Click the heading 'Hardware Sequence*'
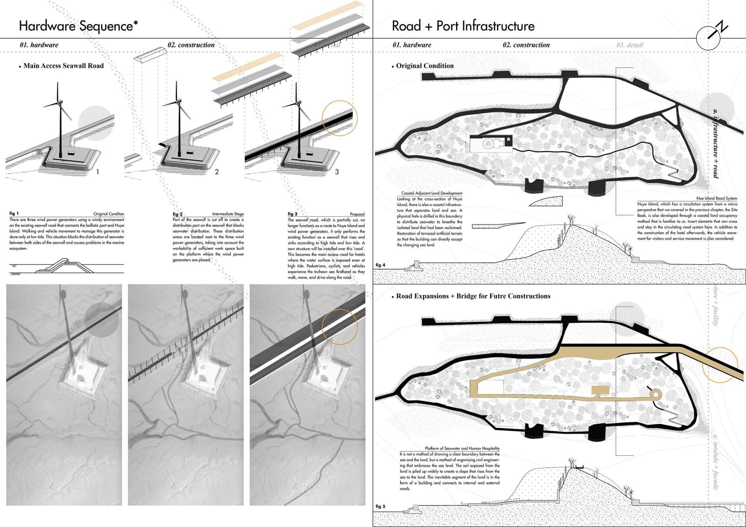[78, 26]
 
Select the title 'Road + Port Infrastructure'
[463, 26]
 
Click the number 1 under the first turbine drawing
[97, 171]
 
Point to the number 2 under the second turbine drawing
[217, 171]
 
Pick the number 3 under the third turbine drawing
[337, 171]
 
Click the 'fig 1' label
[14, 214]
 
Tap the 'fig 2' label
[178, 214]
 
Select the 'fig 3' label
[292, 214]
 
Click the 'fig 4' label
[380, 265]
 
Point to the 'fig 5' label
[380, 506]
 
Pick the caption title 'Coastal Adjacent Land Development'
[432, 193]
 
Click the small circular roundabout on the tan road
[656, 395]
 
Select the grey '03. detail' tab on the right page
[629, 45]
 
